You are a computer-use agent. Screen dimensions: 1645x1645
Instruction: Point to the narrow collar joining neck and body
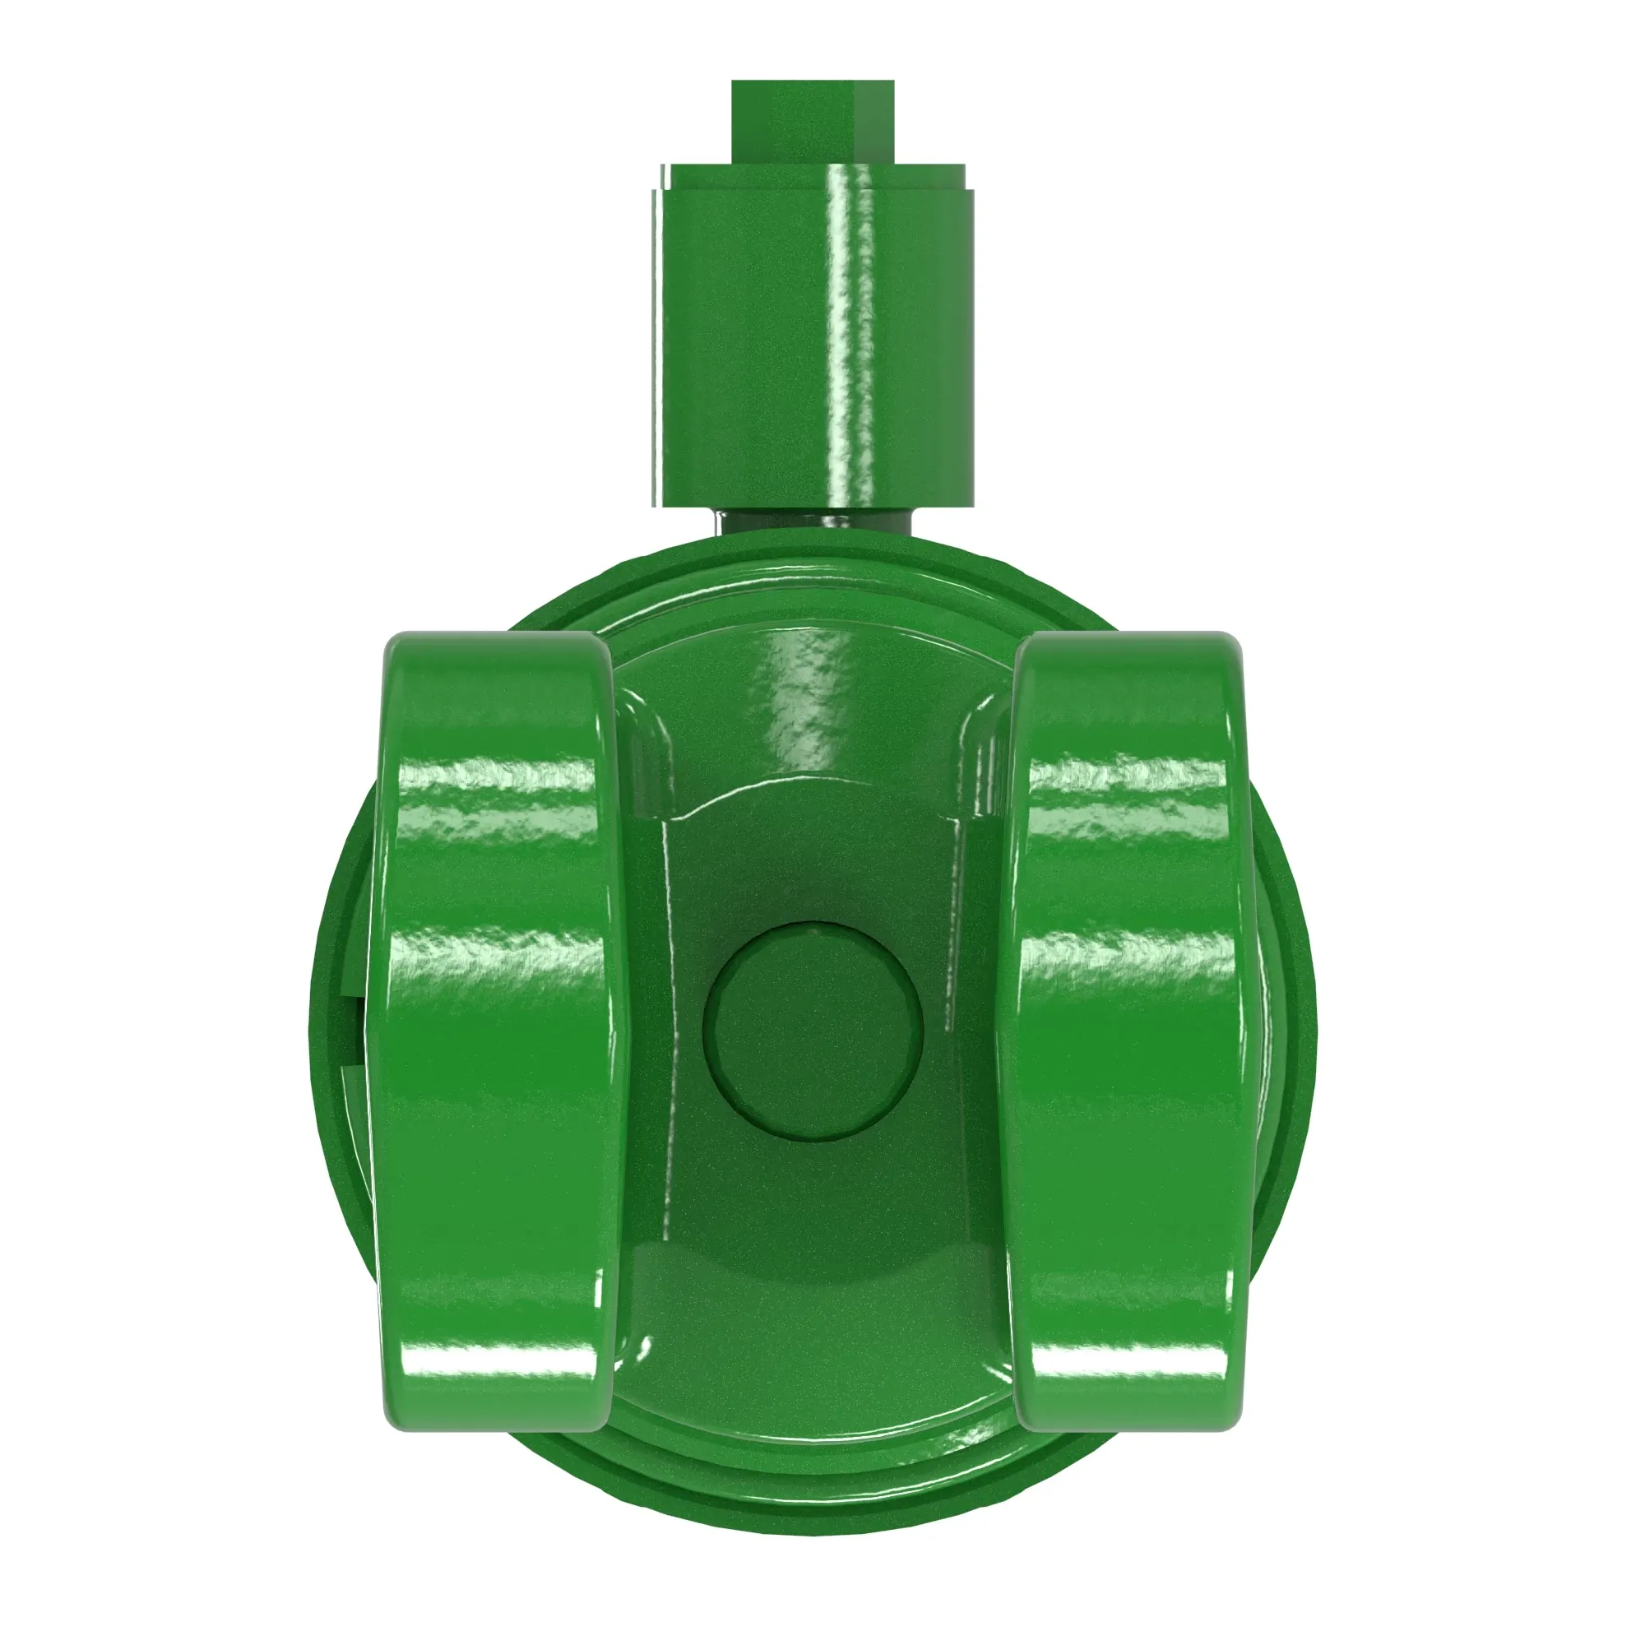click(813, 521)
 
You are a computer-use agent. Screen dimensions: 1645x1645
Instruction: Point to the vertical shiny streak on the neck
click(851, 341)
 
